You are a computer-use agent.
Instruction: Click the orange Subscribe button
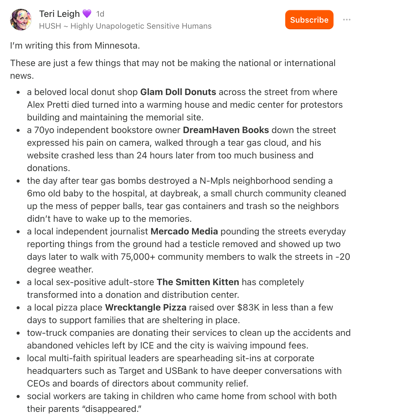click(x=309, y=20)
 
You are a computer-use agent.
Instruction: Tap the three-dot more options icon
click(x=346, y=20)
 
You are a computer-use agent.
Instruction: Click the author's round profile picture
click(x=21, y=20)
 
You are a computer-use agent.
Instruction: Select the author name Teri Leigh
click(x=59, y=14)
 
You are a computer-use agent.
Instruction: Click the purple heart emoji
click(x=87, y=14)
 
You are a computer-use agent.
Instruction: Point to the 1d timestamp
click(x=100, y=14)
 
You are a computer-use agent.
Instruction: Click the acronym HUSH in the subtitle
click(x=50, y=26)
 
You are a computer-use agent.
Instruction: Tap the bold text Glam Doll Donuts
click(x=178, y=92)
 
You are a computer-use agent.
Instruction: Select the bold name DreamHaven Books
click(x=226, y=130)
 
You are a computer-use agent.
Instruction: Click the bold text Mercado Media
click(x=184, y=231)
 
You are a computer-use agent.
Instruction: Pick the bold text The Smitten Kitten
click(x=198, y=282)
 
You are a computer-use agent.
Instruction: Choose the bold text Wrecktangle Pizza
click(x=146, y=307)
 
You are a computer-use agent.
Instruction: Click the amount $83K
click(x=248, y=307)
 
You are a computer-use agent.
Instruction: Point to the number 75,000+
click(x=138, y=257)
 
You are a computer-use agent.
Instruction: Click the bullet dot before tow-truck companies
click(x=18, y=333)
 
